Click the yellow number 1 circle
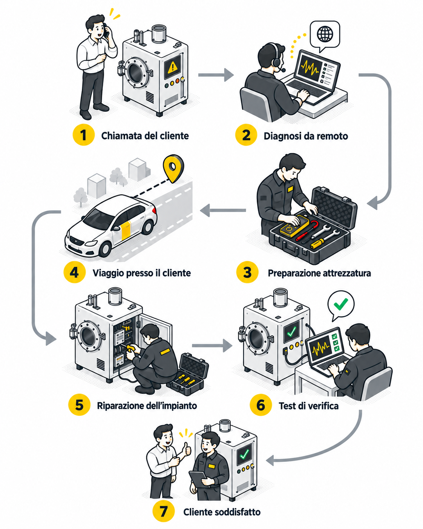tap(84, 135)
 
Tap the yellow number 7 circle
tap(163, 512)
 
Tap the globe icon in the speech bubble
tap(325, 34)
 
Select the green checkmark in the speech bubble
tap(341, 304)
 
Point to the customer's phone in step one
tap(106, 30)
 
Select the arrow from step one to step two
tap(216, 75)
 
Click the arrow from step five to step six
tap(212, 345)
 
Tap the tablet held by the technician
tap(198, 477)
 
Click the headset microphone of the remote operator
tap(283, 70)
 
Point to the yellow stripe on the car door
tap(126, 230)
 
